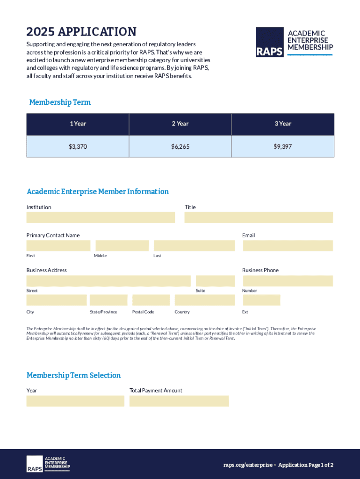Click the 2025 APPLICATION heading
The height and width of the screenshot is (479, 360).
(x=81, y=32)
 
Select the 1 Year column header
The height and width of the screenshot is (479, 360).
(x=78, y=124)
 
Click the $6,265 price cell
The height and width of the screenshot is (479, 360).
(x=180, y=146)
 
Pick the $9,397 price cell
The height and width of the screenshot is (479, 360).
(x=282, y=146)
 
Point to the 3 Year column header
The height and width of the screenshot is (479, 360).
(x=282, y=124)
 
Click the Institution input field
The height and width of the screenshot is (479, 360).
(x=101, y=218)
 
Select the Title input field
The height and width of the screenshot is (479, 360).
(x=259, y=218)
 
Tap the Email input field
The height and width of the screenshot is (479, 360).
(x=288, y=246)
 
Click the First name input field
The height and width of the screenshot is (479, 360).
(x=58, y=246)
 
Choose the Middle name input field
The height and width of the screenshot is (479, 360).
(x=122, y=246)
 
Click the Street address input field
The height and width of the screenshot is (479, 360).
(x=108, y=281)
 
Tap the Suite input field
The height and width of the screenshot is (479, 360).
(x=215, y=281)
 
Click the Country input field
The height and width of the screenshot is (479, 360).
(x=204, y=300)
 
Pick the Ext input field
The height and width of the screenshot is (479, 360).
(x=261, y=300)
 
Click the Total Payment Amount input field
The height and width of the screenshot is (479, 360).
(x=179, y=401)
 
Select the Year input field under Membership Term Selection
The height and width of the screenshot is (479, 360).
(x=75, y=401)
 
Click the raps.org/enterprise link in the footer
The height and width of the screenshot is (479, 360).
(x=247, y=465)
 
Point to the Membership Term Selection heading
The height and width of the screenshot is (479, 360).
(x=73, y=375)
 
